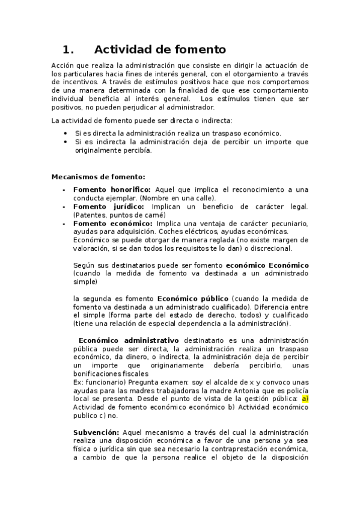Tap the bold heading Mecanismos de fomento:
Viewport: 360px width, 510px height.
[98, 177]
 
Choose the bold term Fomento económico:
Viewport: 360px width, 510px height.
[113, 223]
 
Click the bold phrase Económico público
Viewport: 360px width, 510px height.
[192, 298]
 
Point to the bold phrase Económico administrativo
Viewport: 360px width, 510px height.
[129, 340]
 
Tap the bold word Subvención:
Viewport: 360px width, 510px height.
[96, 432]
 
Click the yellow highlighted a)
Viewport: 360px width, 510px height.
[305, 398]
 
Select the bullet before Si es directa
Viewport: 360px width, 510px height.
[66, 134]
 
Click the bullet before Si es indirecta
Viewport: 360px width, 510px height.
[66, 142]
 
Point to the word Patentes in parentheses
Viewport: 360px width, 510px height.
[90, 215]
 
